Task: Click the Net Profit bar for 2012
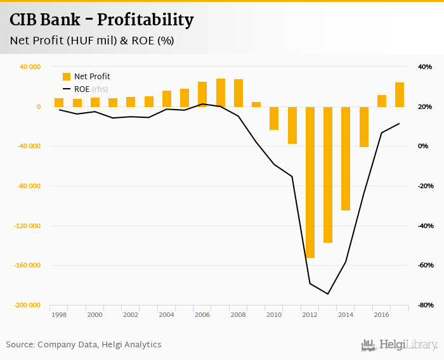(x=310, y=182)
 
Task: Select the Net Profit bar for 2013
(x=328, y=174)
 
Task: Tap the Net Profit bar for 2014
(x=346, y=158)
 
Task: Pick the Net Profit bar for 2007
(x=221, y=93)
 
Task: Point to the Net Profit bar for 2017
(x=400, y=94)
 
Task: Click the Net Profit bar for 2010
(x=274, y=118)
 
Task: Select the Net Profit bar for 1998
(x=59, y=103)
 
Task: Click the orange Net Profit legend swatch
(x=67, y=77)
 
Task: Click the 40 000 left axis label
(x=30, y=67)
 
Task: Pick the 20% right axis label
(x=424, y=106)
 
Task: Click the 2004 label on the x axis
(x=166, y=314)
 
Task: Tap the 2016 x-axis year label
(x=381, y=314)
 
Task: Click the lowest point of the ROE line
(x=328, y=294)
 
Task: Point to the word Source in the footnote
(x=20, y=345)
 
